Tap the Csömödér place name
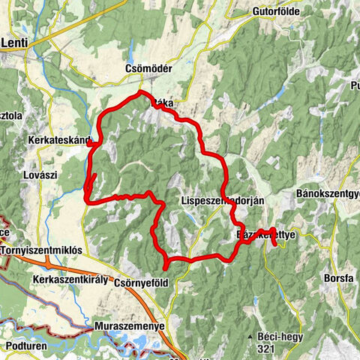(148, 68)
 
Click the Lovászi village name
(40, 175)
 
